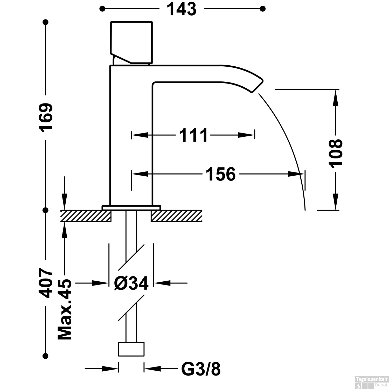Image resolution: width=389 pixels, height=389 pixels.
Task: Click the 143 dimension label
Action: pyautogui.click(x=182, y=9)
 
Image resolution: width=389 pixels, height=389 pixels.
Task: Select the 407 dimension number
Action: pyautogui.click(x=46, y=283)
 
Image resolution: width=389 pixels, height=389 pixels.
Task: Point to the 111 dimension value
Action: pyautogui.click(x=193, y=135)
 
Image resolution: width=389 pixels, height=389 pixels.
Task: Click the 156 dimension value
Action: pyautogui.click(x=220, y=174)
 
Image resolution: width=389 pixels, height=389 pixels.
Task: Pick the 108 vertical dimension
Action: pyautogui.click(x=336, y=153)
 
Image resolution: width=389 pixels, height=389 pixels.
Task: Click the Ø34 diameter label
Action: pyautogui.click(x=131, y=283)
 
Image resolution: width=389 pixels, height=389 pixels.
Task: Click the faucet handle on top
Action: pyautogui.click(x=131, y=42)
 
